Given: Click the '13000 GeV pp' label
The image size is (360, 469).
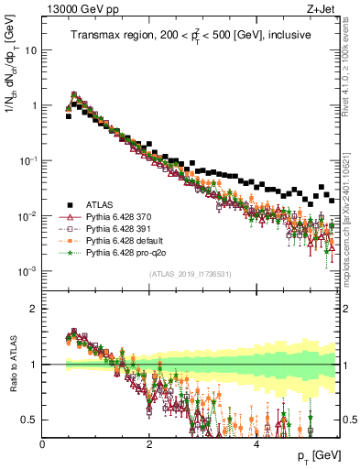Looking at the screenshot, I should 72,8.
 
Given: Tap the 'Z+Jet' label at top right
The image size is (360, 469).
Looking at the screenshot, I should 324,8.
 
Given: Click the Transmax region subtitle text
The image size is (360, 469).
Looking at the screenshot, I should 191,35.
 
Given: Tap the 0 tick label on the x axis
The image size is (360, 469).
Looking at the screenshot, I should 43,443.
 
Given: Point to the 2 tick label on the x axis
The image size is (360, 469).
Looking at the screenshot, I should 149,443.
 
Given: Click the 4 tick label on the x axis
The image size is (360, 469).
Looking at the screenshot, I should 256,443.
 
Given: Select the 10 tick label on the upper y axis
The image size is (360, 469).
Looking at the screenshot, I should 30,50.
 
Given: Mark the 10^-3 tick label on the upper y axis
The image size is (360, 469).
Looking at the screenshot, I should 27,271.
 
